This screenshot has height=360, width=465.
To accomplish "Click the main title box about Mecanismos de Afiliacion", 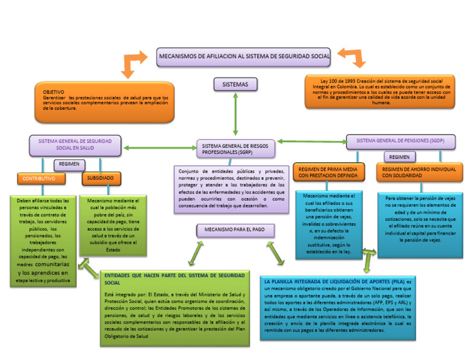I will point(244,56).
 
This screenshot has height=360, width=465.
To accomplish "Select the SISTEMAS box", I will point(236,84).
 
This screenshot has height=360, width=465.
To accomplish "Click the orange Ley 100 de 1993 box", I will point(380,92).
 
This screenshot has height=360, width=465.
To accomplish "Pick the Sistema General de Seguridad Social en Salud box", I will point(76,144).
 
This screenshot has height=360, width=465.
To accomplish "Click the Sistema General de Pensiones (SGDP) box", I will point(400,141).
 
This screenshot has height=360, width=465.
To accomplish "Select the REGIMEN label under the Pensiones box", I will point(400,157).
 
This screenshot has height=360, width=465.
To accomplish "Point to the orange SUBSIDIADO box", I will point(101,179).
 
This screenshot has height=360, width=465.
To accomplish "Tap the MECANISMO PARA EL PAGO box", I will point(236,231).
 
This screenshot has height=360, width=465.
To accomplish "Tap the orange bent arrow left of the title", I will point(134,63).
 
